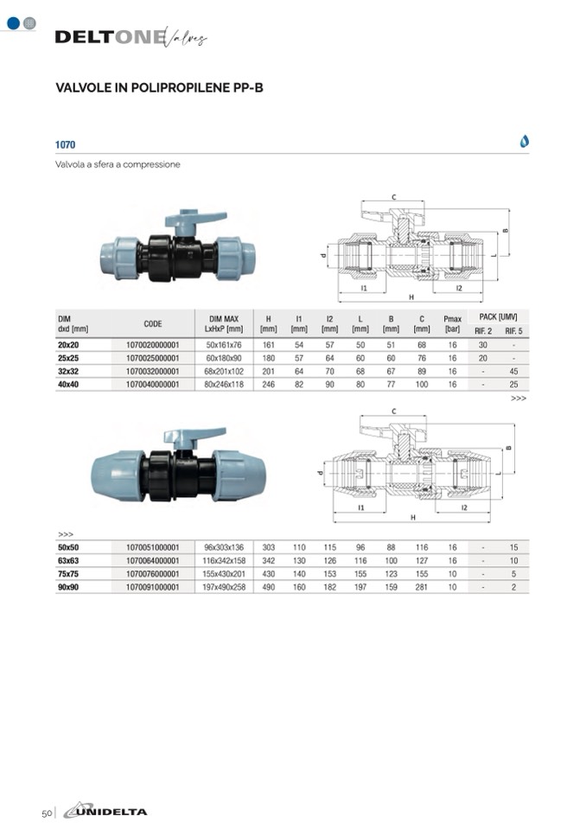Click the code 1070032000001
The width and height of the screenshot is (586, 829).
pyautogui.click(x=152, y=371)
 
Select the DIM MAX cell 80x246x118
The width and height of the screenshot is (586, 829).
pyautogui.click(x=224, y=385)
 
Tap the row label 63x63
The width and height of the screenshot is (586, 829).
pyautogui.click(x=68, y=560)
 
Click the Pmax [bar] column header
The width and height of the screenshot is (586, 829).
pyautogui.click(x=452, y=323)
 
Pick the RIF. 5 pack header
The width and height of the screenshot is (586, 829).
pyautogui.click(x=513, y=331)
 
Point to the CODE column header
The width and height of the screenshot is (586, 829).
pyautogui.click(x=153, y=323)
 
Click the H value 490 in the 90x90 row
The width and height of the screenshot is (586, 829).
pyautogui.click(x=269, y=587)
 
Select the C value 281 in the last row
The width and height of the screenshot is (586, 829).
pyautogui.click(x=421, y=587)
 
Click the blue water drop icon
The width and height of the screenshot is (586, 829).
pyautogui.click(x=524, y=141)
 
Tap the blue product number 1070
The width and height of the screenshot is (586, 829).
pyautogui.click(x=65, y=144)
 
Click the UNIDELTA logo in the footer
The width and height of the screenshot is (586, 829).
pyautogui.click(x=105, y=811)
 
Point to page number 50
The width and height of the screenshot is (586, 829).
pyautogui.click(x=47, y=813)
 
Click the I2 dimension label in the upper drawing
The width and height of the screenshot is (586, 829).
pyautogui.click(x=459, y=288)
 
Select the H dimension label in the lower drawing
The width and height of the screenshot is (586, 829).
pyautogui.click(x=412, y=517)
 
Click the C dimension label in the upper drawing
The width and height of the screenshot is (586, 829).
pyautogui.click(x=393, y=197)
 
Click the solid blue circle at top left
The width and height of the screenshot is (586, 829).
pyautogui.click(x=13, y=23)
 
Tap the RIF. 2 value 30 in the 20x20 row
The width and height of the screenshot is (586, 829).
pyautogui.click(x=483, y=345)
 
